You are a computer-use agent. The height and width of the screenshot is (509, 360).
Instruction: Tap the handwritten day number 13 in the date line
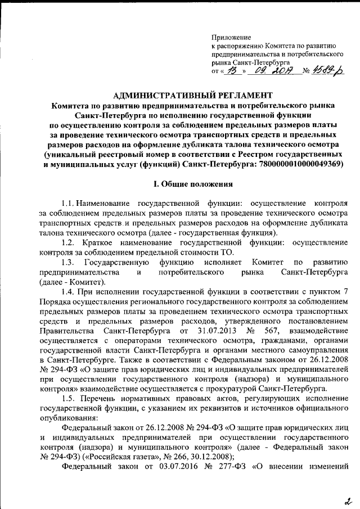pos(231,71)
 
